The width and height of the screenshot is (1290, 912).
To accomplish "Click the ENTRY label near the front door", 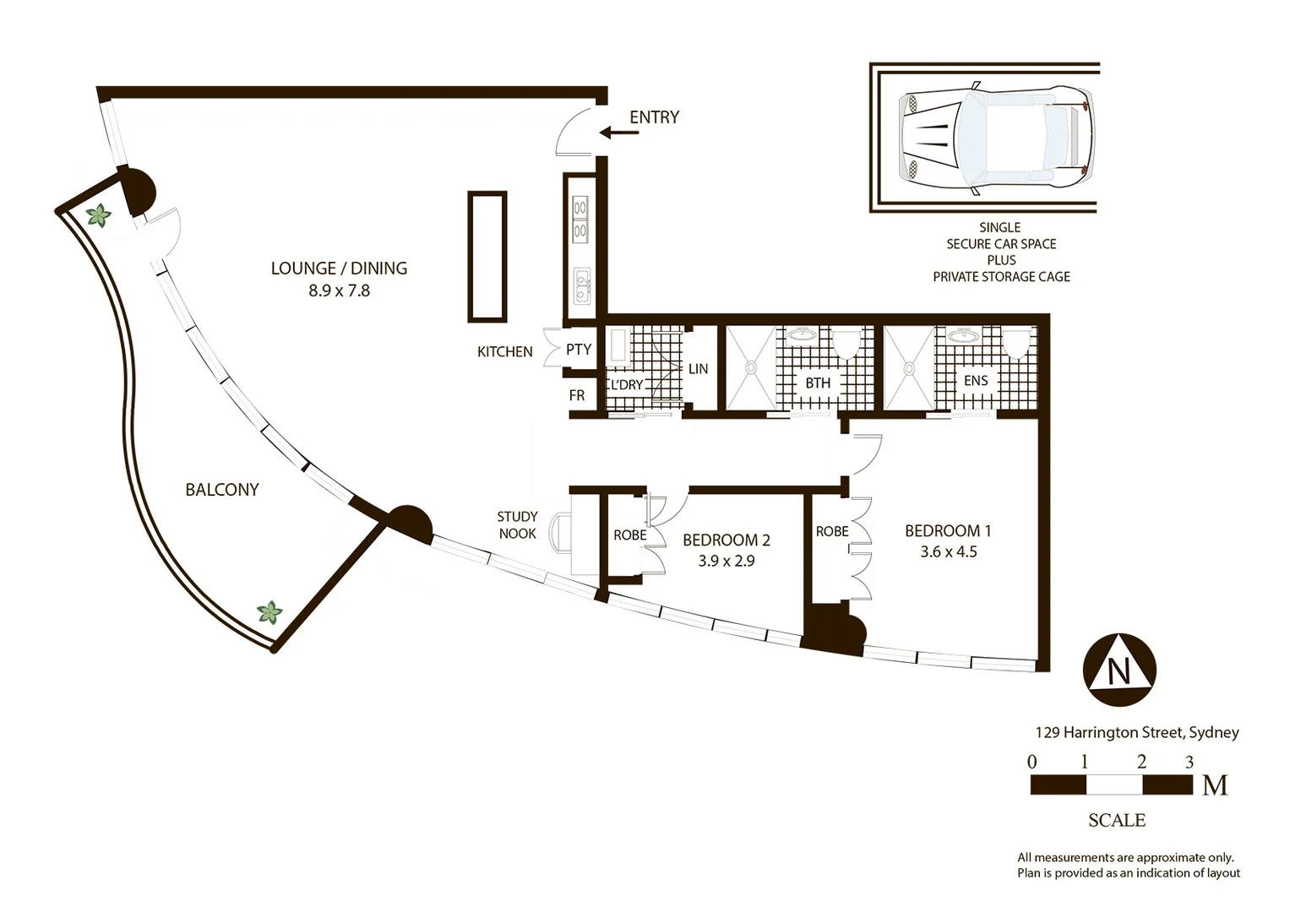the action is pos(654,117).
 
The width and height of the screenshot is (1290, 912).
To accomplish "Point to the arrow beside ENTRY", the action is pos(619,133).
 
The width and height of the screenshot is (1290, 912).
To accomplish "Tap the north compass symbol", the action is pos(1119,670).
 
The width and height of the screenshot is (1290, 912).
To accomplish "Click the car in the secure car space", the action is pos(997,138).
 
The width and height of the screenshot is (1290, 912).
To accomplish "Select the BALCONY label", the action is pos(221,490).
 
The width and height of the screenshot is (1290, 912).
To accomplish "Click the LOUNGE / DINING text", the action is pos(339,269).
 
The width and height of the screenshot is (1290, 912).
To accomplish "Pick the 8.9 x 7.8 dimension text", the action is pos(339,290).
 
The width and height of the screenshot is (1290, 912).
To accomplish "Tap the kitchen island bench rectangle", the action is pos(487,257).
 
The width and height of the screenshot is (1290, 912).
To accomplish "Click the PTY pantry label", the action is pos(578,350).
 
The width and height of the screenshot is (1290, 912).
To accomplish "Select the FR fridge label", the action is pos(576,395).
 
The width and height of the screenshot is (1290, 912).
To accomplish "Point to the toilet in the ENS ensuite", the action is pos(1018,344).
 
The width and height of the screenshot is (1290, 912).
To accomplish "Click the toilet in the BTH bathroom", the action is pos(847,345).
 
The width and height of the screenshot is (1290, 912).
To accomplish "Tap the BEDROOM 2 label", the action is pos(727,540).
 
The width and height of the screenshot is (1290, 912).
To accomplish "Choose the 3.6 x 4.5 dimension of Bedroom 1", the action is pos(949,551).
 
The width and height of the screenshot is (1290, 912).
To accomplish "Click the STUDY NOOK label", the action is pos(517,525).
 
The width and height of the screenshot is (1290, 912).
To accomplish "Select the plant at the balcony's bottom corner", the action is pos(269,612).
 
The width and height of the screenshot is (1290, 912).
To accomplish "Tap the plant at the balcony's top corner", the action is pos(99,216).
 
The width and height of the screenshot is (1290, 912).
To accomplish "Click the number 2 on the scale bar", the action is pos(1141,762).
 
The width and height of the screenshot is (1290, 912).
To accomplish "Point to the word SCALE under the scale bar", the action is pos(1117,820).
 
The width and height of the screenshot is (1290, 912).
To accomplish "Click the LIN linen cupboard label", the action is pos(698,368).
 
